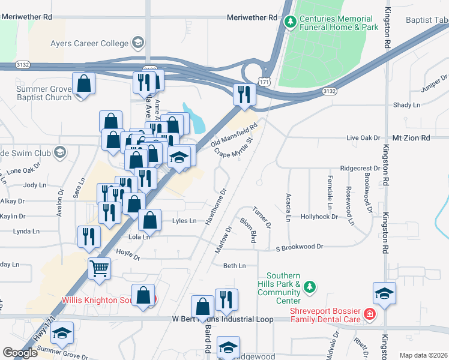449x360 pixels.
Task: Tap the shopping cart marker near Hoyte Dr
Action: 99,268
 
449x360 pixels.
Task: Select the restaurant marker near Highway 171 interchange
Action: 244,94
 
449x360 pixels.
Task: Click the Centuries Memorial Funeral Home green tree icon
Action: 291,22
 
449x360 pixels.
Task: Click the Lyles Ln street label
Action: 184,221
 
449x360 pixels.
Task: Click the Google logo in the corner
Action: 20,353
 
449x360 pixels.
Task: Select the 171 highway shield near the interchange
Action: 264,80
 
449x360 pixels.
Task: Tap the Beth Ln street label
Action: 235,265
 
